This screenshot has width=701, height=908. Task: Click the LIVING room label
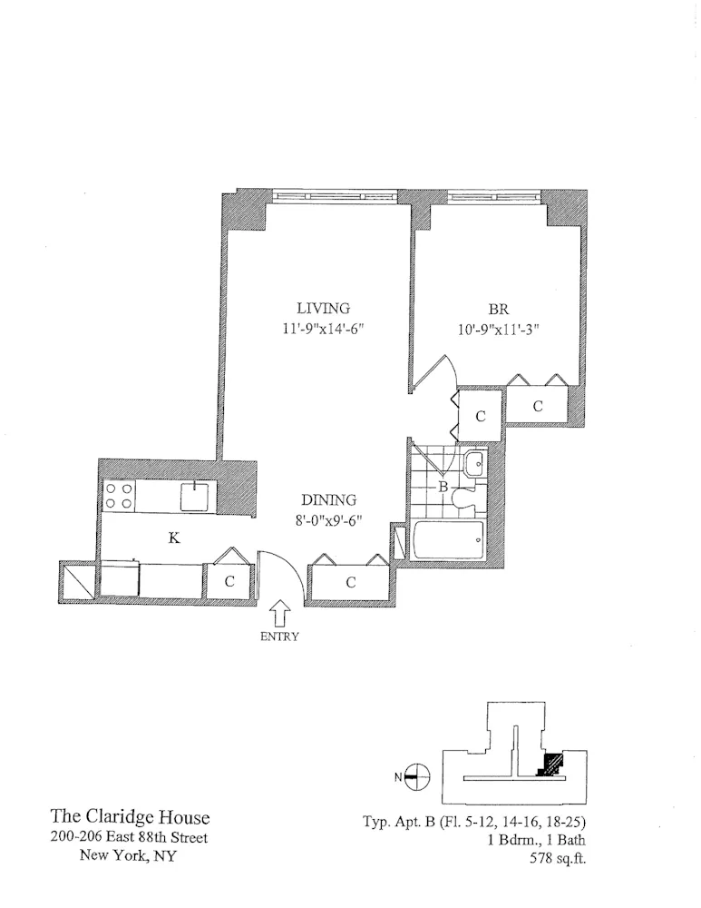pyautogui.click(x=323, y=308)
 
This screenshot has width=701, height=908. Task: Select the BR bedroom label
pyautogui.click(x=498, y=309)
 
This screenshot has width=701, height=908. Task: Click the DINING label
pyautogui.click(x=328, y=500)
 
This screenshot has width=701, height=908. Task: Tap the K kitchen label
pyautogui.click(x=173, y=538)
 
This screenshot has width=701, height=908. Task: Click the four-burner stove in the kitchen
pyautogui.click(x=120, y=496)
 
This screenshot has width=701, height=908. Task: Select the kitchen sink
pyautogui.click(x=195, y=496)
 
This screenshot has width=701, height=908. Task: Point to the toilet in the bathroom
pyautogui.click(x=465, y=495)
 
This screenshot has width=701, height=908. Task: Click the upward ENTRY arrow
pyautogui.click(x=279, y=613)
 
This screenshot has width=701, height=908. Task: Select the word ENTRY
pyautogui.click(x=279, y=637)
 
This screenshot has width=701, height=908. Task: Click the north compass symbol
pyautogui.click(x=416, y=775)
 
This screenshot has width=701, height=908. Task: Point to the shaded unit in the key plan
pyautogui.click(x=550, y=765)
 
